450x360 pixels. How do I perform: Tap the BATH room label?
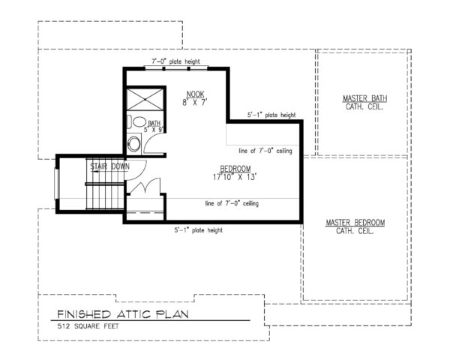coord(154,123)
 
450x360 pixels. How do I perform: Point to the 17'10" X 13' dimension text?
coord(235,178)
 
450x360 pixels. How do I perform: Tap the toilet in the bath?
coord(138,122)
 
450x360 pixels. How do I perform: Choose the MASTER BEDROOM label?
coord(355,223)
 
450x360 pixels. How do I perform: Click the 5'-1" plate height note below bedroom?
coord(199,230)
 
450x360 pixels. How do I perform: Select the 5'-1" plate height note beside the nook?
coord(271,115)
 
